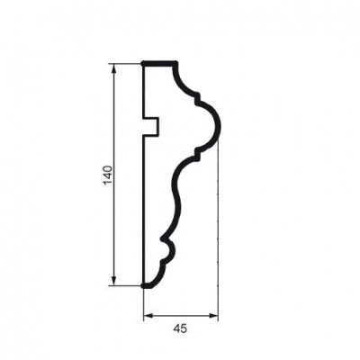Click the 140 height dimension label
(x=108, y=175)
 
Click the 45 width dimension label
(x=180, y=328)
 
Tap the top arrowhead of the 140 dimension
(x=113, y=68)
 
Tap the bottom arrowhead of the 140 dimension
(x=113, y=281)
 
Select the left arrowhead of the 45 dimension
(x=148, y=315)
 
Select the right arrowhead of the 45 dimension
(x=213, y=315)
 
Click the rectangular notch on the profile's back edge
(x=151, y=126)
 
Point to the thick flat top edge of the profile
(x=159, y=63)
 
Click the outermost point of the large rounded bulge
(x=220, y=126)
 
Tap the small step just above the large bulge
(x=197, y=98)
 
